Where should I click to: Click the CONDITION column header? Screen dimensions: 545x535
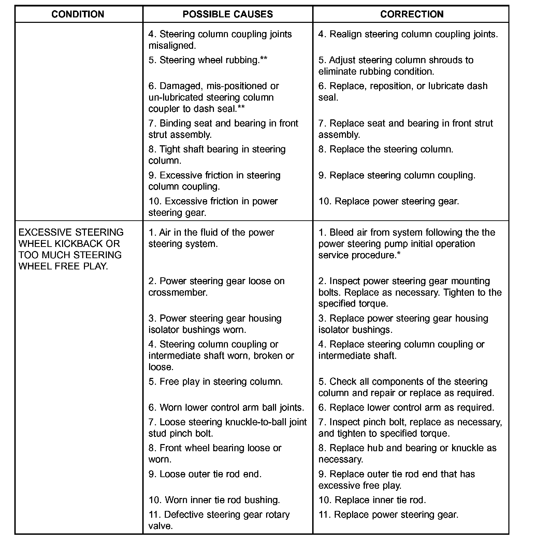(78, 14)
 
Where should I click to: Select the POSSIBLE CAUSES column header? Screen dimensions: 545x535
(228, 14)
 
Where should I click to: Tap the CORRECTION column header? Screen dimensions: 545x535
(412, 14)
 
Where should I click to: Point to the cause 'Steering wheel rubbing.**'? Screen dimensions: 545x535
(208, 60)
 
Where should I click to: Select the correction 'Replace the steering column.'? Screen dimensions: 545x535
(386, 149)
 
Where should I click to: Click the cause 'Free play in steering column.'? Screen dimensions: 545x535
(216, 382)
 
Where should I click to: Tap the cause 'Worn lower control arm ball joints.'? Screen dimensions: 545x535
(226, 408)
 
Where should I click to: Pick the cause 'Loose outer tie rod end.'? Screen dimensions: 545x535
(205, 474)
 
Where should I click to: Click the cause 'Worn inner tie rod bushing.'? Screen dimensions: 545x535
(214, 500)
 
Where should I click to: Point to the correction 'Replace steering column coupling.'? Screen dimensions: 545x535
(397, 175)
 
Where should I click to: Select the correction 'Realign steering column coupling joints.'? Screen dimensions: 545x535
(408, 34)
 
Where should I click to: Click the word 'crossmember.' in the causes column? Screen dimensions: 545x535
(178, 293)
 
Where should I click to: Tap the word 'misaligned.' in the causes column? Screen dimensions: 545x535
(172, 46)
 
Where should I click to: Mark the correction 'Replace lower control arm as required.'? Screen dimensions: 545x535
(406, 408)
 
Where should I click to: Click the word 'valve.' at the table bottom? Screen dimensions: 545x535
(161, 526)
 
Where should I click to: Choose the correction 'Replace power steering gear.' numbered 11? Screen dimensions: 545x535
(389, 515)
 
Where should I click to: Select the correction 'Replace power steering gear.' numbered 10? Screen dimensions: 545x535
(389, 201)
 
